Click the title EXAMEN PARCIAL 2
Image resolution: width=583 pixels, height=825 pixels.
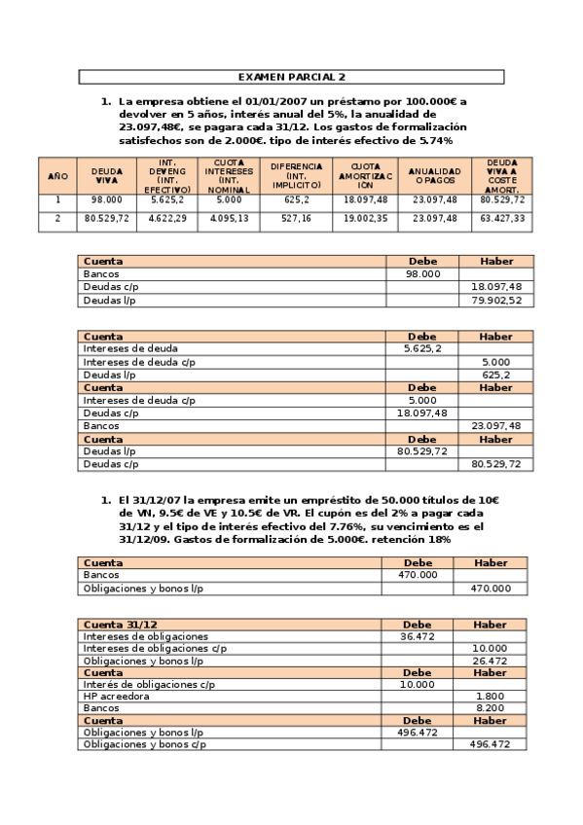(x=291, y=76)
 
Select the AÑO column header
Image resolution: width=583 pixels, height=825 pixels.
(x=57, y=176)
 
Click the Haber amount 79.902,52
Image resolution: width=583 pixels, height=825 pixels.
(x=495, y=301)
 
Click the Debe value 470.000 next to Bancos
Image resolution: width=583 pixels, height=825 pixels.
(x=418, y=575)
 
